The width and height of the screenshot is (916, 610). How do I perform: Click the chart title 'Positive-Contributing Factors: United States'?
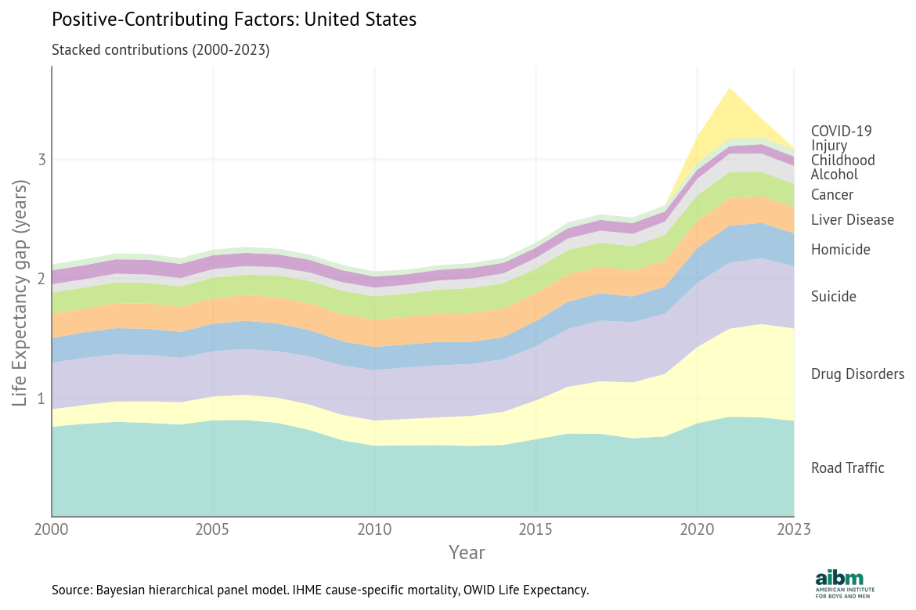pyautogui.click(x=233, y=20)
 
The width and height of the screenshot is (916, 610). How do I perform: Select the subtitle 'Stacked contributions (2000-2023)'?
pyautogui.click(x=160, y=50)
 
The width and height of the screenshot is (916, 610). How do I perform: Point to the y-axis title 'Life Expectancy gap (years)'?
pyautogui.click(x=21, y=293)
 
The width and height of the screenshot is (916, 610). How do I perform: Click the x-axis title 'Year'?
pyautogui.click(x=467, y=552)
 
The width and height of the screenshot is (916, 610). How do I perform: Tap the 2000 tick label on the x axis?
pyautogui.click(x=52, y=529)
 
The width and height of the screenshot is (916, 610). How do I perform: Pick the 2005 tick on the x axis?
pyautogui.click(x=212, y=529)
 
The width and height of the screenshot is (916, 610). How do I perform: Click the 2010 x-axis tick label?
pyautogui.click(x=374, y=529)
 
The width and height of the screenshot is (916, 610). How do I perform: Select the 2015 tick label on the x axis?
pyautogui.click(x=536, y=529)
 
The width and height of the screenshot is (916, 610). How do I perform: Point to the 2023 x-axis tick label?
pyautogui.click(x=793, y=529)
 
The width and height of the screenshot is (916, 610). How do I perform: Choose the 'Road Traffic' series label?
pyautogui.click(x=847, y=468)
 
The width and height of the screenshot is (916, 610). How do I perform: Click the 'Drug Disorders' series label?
pyautogui.click(x=857, y=374)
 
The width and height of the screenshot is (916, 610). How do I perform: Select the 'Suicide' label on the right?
pyautogui.click(x=833, y=297)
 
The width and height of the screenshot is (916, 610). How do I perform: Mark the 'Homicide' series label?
pyautogui.click(x=840, y=250)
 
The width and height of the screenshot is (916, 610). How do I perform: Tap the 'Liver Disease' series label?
pyautogui.click(x=852, y=220)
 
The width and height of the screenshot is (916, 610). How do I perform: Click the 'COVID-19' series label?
pyautogui.click(x=841, y=131)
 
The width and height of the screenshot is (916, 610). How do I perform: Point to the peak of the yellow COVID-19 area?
pyautogui.click(x=730, y=89)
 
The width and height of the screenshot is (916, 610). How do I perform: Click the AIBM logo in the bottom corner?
pyautogui.click(x=845, y=583)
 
